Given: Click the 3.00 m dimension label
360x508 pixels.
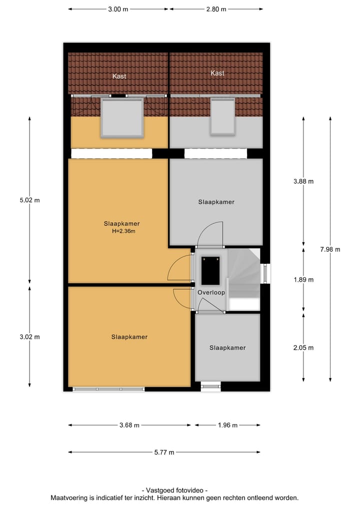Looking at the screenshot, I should pos(118,9).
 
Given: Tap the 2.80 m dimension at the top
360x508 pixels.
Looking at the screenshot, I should pos(216,9).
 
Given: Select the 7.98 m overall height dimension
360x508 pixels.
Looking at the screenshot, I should pos(330,249).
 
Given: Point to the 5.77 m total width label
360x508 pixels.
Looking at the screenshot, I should pos(164,453).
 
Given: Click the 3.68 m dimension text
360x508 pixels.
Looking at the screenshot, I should pos(129,426).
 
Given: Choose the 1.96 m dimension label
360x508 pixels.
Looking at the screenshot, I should pos(227,426).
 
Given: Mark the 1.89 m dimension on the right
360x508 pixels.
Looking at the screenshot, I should pos(303,280).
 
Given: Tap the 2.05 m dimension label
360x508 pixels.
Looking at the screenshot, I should pos(303,348).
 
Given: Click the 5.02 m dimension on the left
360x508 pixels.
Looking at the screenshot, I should pos(29,200).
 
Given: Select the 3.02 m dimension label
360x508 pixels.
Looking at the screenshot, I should pos(29,337).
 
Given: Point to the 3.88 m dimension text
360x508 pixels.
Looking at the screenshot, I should pos(303,181).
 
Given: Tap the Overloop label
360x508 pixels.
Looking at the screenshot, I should pos(211,293).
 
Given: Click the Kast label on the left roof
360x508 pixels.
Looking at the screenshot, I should pos(119,76).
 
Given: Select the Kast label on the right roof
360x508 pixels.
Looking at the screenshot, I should pos(217,73).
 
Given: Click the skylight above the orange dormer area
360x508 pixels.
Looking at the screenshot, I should pos(122,117).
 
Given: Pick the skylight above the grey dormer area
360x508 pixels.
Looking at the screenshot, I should pos(222,116).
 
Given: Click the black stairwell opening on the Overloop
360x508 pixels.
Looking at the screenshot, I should pos(210,270).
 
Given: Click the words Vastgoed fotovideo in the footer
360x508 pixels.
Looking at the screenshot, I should pos(175,491).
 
